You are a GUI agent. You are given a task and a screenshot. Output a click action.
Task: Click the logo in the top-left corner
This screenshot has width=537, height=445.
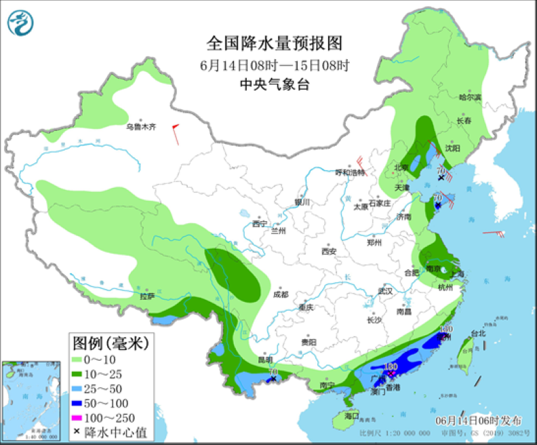pos(20,24)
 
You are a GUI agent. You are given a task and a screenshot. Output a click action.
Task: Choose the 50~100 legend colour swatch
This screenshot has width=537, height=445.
pos(81,403)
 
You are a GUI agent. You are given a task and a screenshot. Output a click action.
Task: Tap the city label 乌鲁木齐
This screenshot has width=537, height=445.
pos(141,126)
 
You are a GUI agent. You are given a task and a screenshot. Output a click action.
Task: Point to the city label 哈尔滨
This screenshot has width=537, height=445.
pos(469,98)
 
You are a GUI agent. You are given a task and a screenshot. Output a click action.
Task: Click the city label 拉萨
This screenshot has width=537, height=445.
pos(147,296)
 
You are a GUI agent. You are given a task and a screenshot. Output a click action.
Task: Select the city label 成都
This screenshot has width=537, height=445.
pos(280,294)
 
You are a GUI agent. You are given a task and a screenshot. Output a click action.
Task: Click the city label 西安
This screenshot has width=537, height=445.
pos(329,251)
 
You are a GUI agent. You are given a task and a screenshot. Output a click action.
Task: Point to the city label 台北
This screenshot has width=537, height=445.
pos(478,333)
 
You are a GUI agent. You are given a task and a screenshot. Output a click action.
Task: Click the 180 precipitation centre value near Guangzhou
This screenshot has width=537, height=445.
pos(391,366)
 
